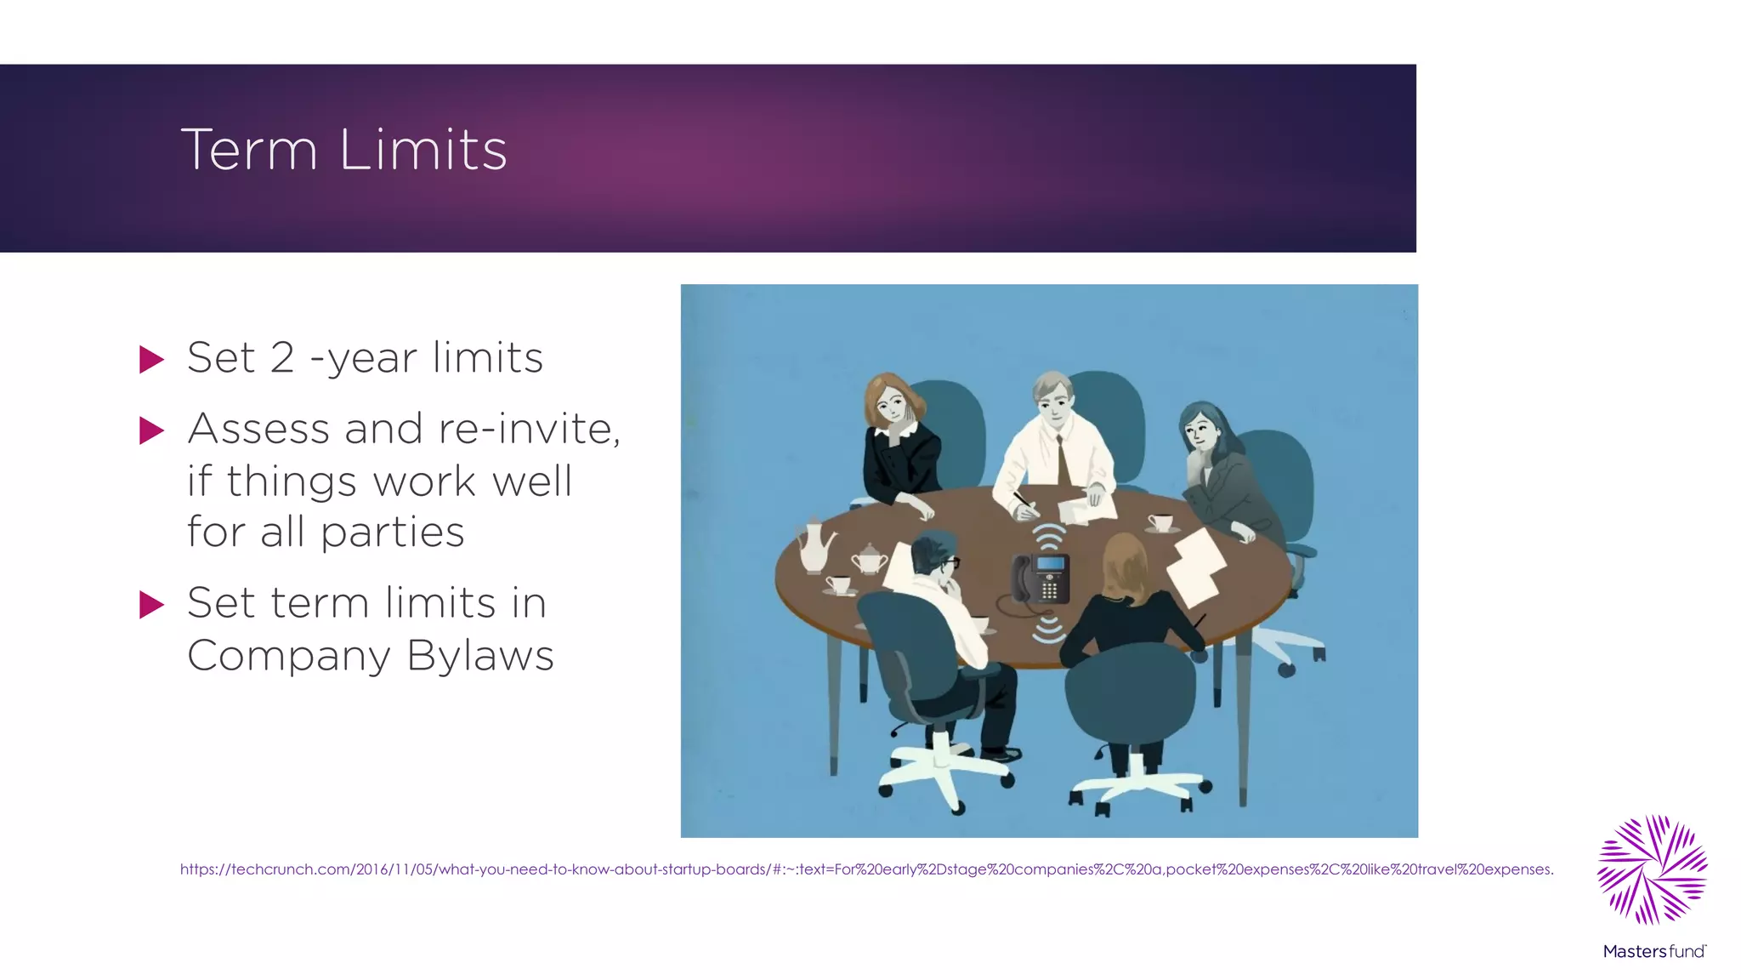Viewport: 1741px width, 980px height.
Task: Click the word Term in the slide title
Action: (x=249, y=150)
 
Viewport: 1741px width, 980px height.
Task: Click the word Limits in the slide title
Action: (x=422, y=150)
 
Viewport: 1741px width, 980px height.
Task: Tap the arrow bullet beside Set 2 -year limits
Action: (x=151, y=359)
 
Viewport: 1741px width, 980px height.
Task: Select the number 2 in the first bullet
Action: (x=282, y=357)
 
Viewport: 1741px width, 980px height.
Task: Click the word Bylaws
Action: (x=480, y=656)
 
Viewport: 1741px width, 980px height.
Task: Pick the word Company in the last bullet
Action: (x=289, y=656)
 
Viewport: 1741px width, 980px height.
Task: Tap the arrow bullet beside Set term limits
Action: (x=151, y=605)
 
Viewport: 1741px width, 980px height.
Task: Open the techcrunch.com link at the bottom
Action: (x=866, y=869)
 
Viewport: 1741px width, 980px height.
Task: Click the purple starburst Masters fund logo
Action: (x=1653, y=869)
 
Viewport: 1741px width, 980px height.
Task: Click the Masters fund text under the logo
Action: (x=1654, y=951)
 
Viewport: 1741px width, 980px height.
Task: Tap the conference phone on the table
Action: (x=1041, y=578)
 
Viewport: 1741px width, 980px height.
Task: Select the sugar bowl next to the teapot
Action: (x=869, y=560)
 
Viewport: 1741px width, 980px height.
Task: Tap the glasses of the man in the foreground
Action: (x=951, y=562)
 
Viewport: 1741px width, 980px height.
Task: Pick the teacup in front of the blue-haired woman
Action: (x=1160, y=522)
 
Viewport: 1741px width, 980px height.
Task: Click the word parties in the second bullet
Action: (x=392, y=533)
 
